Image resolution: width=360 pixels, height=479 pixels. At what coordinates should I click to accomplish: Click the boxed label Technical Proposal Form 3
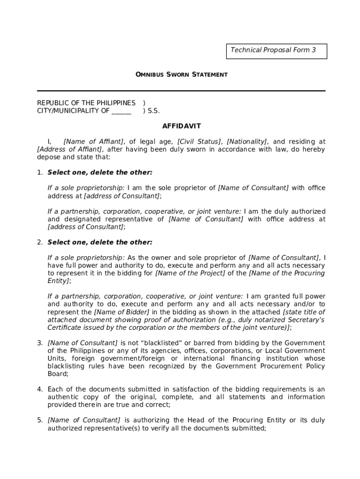coord(276,51)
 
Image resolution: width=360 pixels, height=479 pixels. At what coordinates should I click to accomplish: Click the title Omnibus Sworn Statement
coord(181,74)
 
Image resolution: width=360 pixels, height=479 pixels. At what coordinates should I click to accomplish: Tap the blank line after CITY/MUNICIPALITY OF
coord(121,111)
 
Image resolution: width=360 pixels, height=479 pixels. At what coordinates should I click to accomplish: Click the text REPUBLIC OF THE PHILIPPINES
coord(86,103)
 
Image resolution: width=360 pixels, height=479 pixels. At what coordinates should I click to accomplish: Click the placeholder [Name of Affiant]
coord(94,142)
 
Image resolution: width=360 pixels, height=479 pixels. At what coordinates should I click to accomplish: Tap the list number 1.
coord(40,173)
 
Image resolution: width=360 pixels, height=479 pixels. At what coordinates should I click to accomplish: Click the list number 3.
coord(40,343)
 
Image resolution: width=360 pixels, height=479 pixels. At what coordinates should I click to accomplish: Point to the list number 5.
coord(40,421)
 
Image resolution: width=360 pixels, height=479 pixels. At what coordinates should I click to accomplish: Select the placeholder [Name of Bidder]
coord(122,312)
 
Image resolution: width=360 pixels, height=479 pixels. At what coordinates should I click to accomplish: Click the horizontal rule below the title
coord(181,91)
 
